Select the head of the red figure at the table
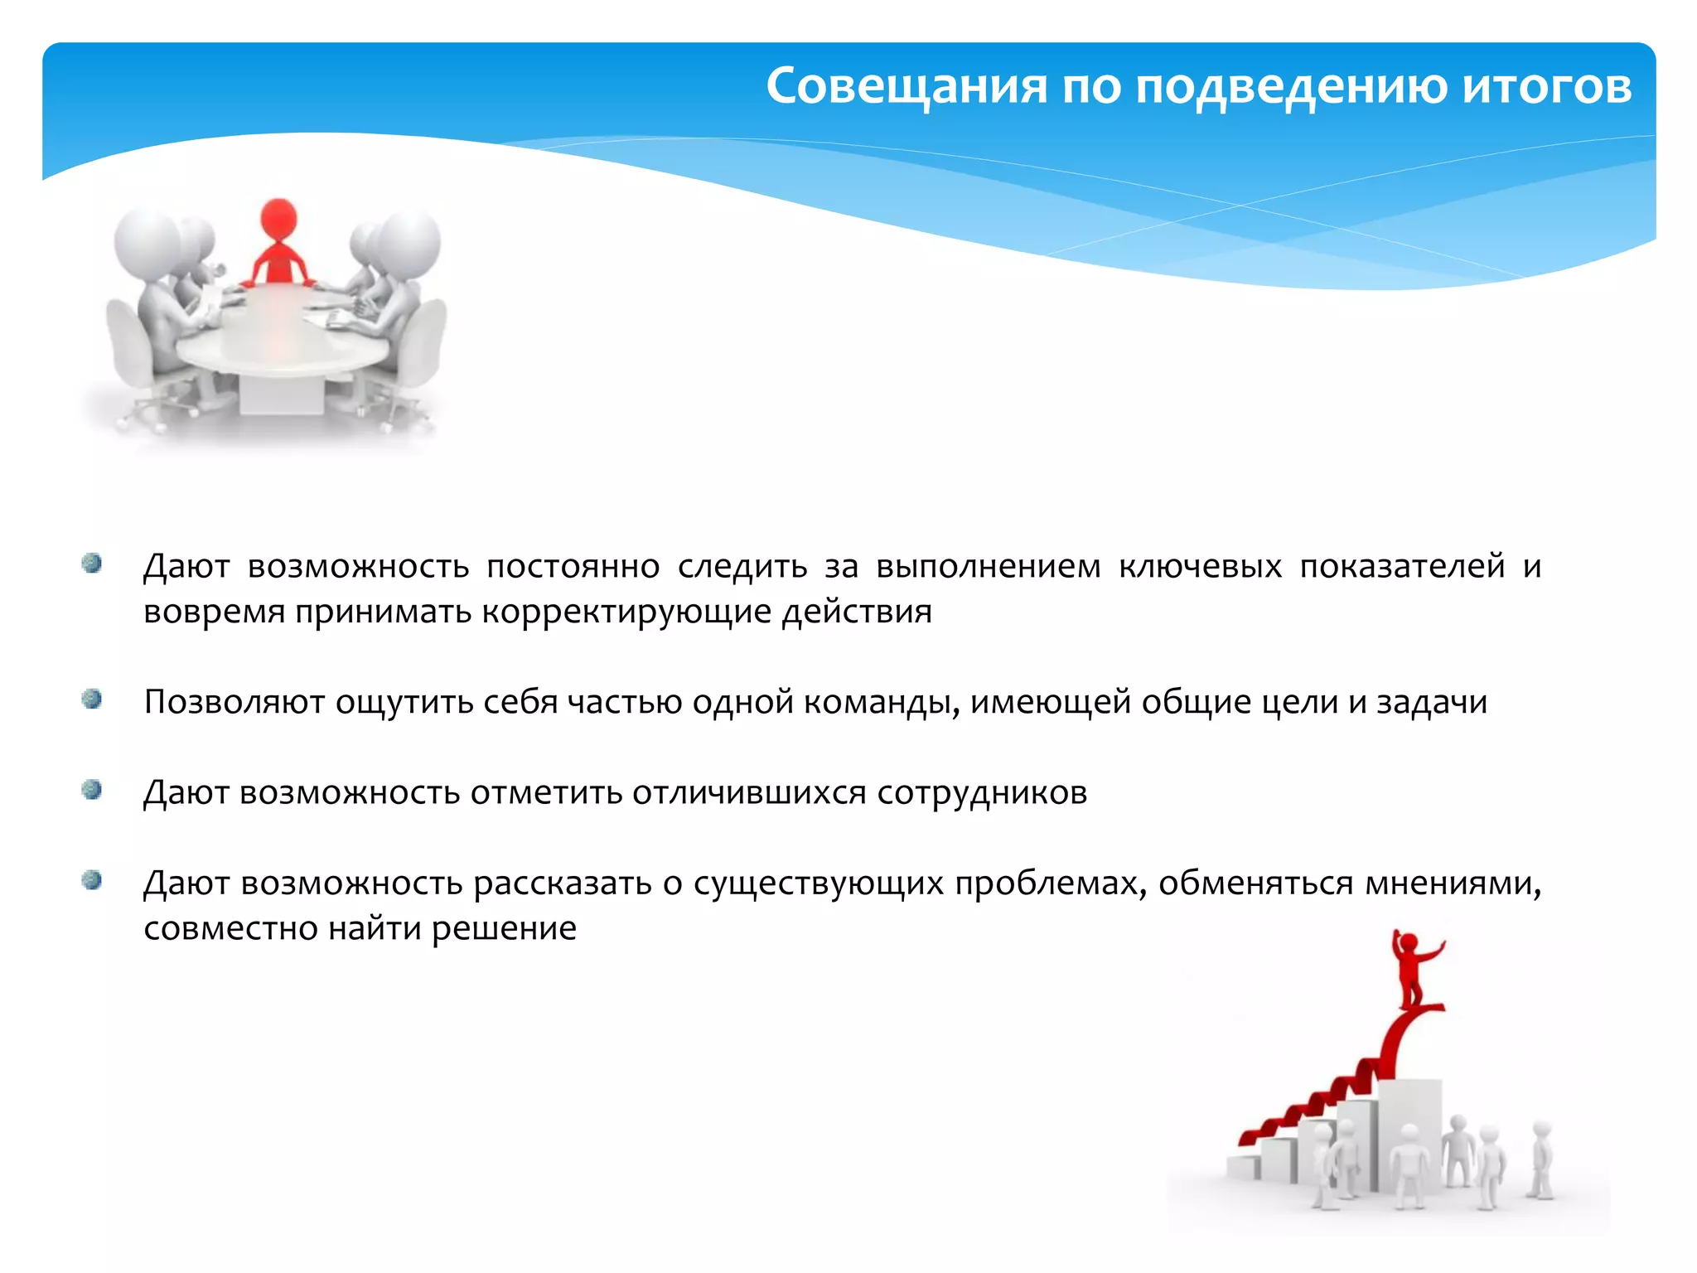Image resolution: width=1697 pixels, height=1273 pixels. click(x=278, y=217)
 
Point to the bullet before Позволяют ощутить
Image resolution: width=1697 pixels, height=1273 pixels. click(x=92, y=699)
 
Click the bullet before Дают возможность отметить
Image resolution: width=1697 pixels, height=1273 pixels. click(x=92, y=790)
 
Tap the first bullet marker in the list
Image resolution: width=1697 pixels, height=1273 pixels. click(x=92, y=564)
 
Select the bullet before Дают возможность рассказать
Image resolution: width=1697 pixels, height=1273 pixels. click(x=92, y=880)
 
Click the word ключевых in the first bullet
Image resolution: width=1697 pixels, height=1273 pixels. click(x=1200, y=567)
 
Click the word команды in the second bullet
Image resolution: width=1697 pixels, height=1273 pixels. click(x=881, y=703)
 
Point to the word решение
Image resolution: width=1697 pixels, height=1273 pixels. click(x=504, y=929)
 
